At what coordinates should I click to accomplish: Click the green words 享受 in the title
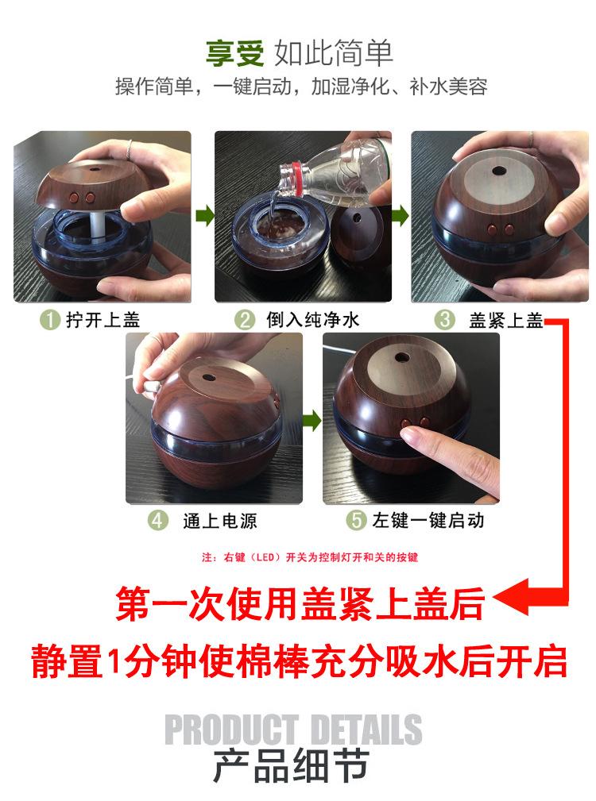[234, 52]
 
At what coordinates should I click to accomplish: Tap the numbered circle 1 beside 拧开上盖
[49, 320]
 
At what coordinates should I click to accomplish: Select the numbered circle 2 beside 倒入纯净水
[244, 320]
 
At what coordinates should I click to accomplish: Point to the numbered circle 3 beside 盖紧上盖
[444, 320]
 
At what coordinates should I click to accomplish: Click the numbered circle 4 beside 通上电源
[158, 521]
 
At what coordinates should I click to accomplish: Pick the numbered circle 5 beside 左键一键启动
[356, 520]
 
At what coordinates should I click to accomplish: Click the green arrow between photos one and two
[205, 215]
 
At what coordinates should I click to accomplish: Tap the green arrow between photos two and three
[401, 215]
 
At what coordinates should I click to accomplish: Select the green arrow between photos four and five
[312, 421]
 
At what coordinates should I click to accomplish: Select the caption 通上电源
[220, 521]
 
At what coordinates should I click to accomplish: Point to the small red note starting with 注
[310, 556]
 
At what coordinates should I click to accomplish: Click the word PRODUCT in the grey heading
[231, 730]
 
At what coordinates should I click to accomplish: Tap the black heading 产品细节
[291, 766]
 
